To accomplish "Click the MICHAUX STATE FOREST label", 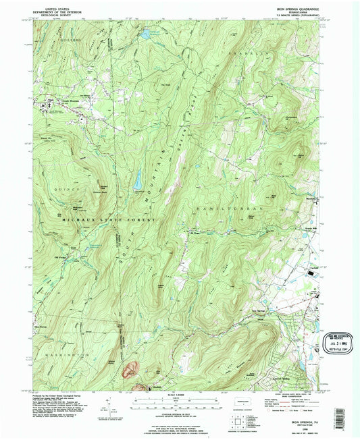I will (x=101, y=221).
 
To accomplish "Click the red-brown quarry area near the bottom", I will (x=130, y=370).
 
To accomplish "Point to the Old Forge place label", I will (x=61, y=255).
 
